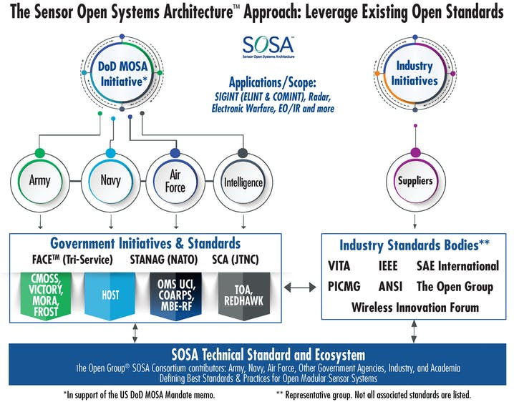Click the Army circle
40,180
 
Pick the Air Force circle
175,181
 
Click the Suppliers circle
415,180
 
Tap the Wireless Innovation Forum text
414,308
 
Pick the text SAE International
457,266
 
